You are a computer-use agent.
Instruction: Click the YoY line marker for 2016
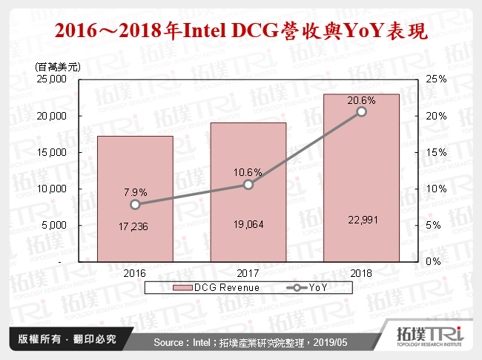(x=135, y=204)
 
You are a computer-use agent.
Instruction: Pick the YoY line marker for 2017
(x=248, y=184)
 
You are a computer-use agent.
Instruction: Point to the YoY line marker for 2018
(x=361, y=111)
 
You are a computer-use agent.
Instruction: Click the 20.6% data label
(x=361, y=99)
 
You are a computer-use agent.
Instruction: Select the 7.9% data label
(x=135, y=192)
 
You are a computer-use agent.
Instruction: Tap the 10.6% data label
(x=248, y=172)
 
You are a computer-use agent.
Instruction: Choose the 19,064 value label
(x=248, y=224)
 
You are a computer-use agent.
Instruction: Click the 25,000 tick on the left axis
(x=52, y=79)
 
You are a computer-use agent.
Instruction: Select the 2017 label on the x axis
(x=248, y=272)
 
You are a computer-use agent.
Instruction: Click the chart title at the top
(x=241, y=32)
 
